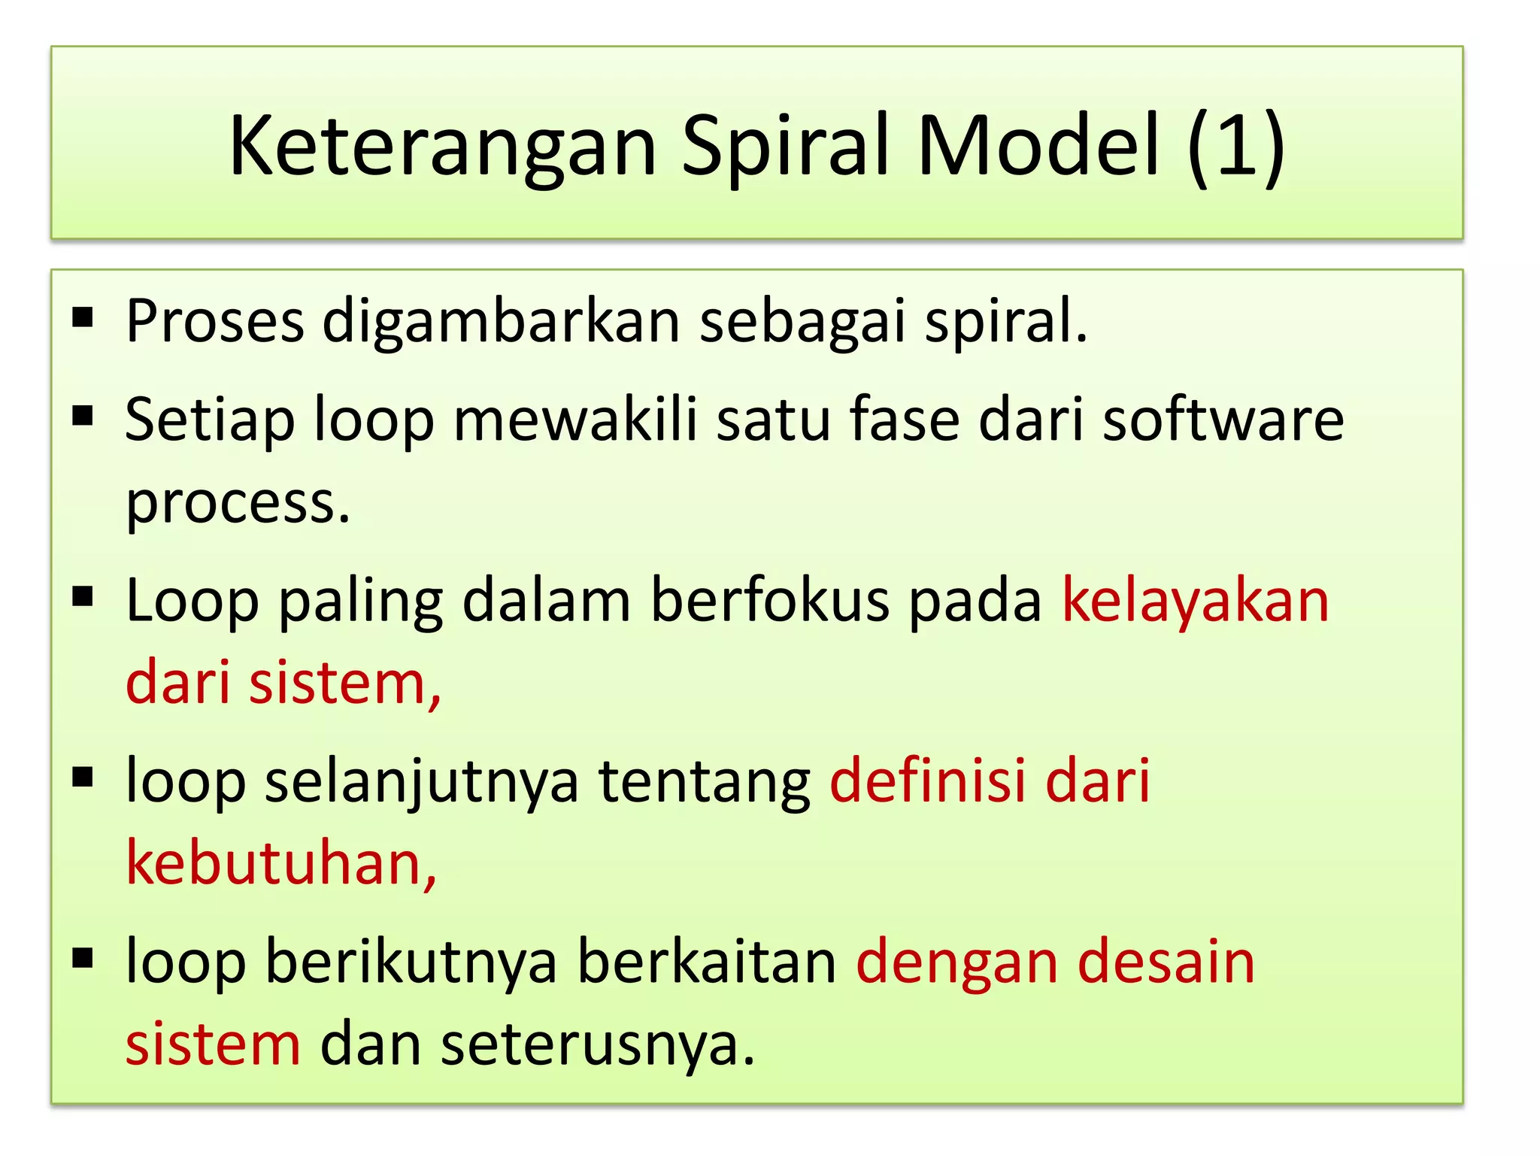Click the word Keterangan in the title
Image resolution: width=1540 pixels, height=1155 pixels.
[442, 147]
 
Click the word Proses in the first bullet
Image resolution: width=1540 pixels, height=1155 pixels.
[215, 322]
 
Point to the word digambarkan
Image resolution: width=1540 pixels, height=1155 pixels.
[502, 322]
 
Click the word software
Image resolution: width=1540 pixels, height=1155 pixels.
[1223, 420]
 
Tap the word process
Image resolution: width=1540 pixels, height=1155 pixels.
[238, 502]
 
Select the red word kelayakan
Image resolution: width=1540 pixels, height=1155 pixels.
[1195, 601]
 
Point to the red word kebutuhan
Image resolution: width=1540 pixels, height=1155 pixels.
[280, 863]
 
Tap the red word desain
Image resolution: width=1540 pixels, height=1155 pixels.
[1166, 962]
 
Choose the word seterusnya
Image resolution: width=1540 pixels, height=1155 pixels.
[597, 1045]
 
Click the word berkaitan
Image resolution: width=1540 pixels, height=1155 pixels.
[707, 962]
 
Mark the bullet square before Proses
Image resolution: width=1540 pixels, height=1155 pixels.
[83, 318]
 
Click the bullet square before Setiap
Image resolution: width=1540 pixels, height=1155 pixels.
[83, 416]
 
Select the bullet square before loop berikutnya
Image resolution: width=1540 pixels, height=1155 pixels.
[83, 958]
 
